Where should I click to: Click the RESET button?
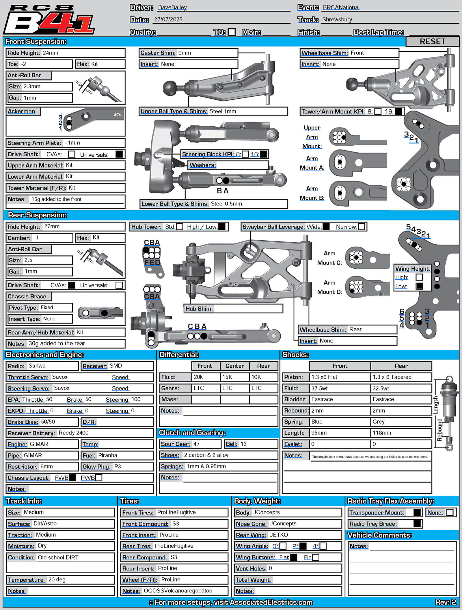coord(432,41)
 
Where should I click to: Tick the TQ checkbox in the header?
coord(232,32)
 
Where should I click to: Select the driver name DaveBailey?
coord(172,8)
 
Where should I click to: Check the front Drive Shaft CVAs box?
coord(72,154)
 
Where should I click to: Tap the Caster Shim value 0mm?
coord(185,53)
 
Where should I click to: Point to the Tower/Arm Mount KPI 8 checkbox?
coord(378,111)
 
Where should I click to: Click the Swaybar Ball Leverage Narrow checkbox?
coord(361,227)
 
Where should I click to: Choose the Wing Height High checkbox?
coord(419,277)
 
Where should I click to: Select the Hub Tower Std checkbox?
coord(180,227)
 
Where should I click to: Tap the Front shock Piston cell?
coord(340,377)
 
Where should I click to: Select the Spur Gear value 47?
coord(196,444)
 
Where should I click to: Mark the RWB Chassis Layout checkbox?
coord(98,478)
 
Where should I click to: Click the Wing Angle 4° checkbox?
coord(323,546)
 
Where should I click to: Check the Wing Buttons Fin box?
coord(316,557)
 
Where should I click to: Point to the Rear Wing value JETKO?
coord(279,535)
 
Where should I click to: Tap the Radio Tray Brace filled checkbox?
coord(417,523)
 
